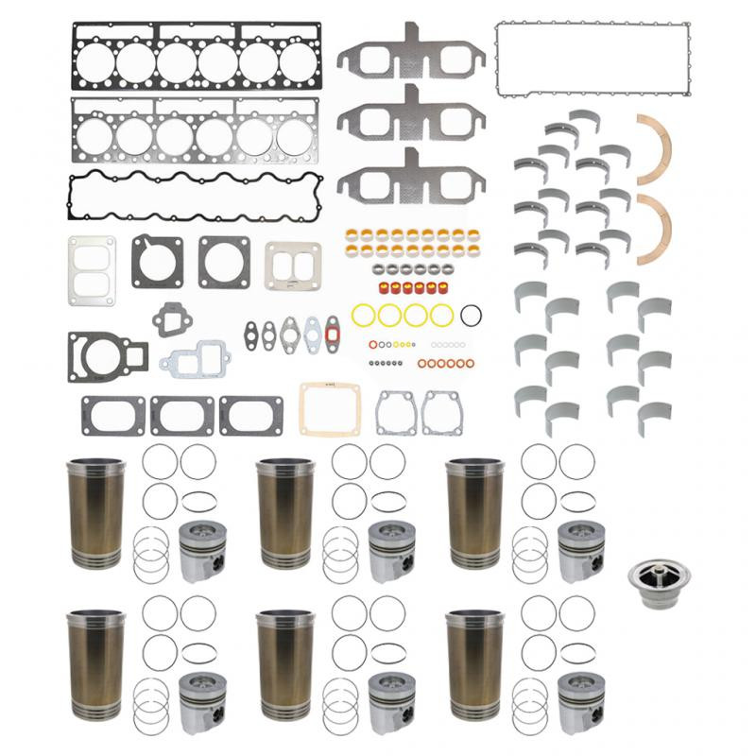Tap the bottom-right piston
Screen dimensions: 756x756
pyautogui.click(x=580, y=700)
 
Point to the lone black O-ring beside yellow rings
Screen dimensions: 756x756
pyautogui.click(x=474, y=315)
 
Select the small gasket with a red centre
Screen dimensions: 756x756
pyautogui.click(x=331, y=334)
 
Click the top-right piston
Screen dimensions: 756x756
pyautogui.click(x=580, y=550)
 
